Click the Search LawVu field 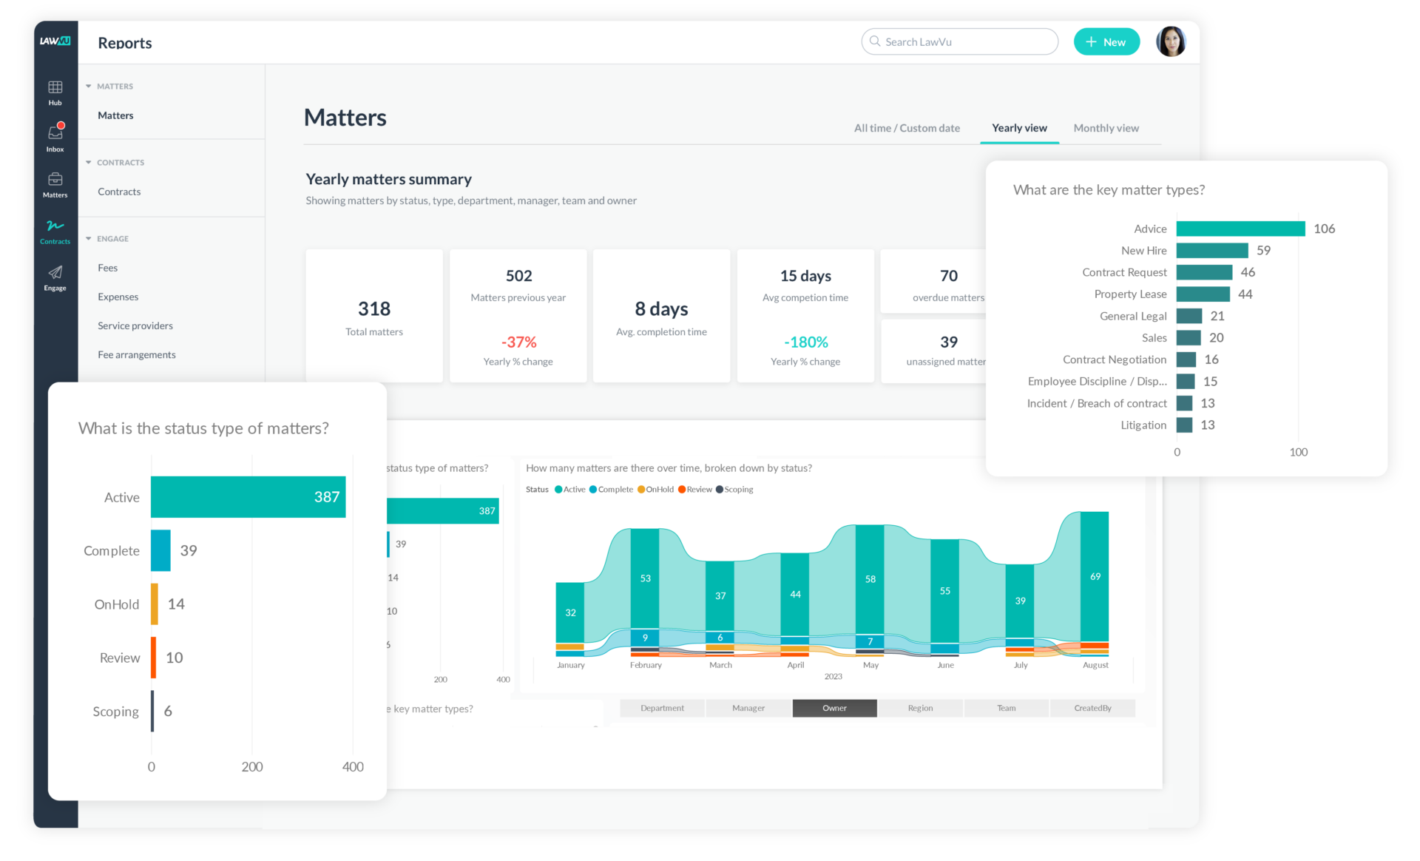pyautogui.click(x=958, y=42)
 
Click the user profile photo pyautogui.click(x=1171, y=42)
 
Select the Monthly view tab pyautogui.click(x=1106, y=128)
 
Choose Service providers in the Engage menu pyautogui.click(x=135, y=325)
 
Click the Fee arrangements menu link pyautogui.click(x=137, y=354)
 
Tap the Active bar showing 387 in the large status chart pyautogui.click(x=248, y=497)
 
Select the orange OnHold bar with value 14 pyautogui.click(x=155, y=604)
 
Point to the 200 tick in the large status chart pyautogui.click(x=252, y=766)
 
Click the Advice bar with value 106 pyautogui.click(x=1240, y=229)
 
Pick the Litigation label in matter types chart pyautogui.click(x=1143, y=425)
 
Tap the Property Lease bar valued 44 pyautogui.click(x=1203, y=294)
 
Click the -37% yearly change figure pyautogui.click(x=518, y=342)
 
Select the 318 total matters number pyautogui.click(x=374, y=308)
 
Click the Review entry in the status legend pyautogui.click(x=695, y=490)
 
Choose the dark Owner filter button pyautogui.click(x=834, y=708)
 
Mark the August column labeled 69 pyautogui.click(x=1095, y=576)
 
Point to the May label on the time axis pyautogui.click(x=870, y=665)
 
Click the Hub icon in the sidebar pyautogui.click(x=55, y=92)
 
